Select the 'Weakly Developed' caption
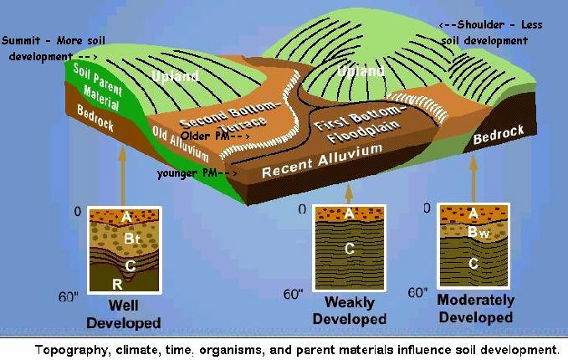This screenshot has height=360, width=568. point(350,311)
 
